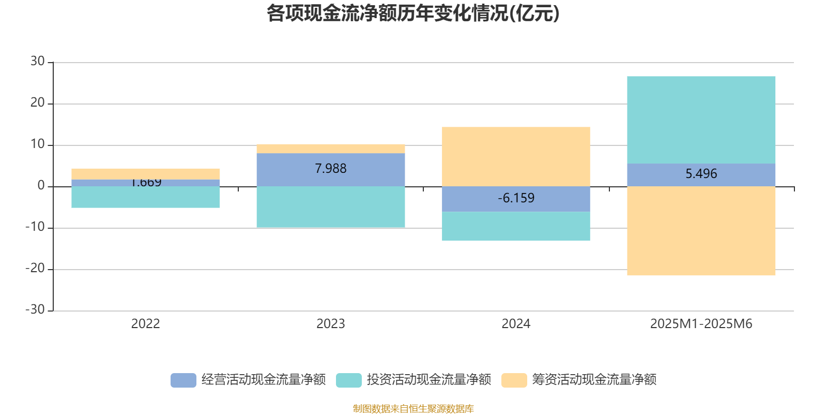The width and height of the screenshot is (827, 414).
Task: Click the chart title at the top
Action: coord(413,14)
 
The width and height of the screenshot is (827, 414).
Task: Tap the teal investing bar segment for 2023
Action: coord(331,207)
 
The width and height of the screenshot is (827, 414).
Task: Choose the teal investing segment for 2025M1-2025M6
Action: coord(701,120)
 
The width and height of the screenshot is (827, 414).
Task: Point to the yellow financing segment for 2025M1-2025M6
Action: coord(701,231)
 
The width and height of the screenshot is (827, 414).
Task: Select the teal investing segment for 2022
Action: coord(146,197)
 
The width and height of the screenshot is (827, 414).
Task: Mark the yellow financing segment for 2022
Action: coord(146,173)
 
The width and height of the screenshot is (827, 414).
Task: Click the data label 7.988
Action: coord(331,169)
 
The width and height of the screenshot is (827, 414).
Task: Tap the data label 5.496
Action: coord(701,174)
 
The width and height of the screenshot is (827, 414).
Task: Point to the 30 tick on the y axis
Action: coord(38,62)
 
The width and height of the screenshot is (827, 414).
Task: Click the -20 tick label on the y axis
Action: coord(35,269)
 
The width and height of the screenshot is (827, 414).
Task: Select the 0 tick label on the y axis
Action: coord(41,186)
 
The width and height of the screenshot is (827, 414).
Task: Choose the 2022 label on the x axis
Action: coord(146,324)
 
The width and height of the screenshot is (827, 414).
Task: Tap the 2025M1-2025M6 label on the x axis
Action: coord(701,324)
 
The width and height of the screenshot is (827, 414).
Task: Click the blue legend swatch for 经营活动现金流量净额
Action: coord(183,380)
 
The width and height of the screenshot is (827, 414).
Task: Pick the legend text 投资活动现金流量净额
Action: coord(429,380)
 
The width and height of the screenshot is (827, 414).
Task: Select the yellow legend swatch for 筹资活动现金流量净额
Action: coord(514,380)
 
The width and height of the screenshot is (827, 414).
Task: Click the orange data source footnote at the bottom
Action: coord(413,409)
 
